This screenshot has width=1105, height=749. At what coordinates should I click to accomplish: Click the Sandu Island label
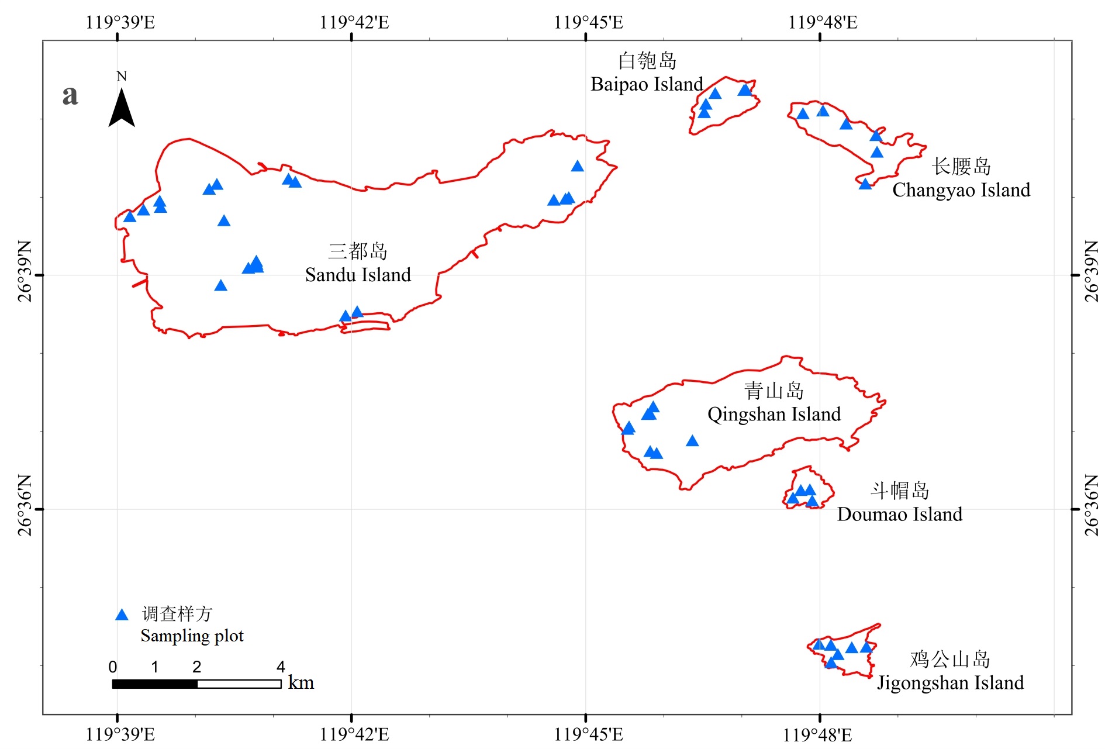358,275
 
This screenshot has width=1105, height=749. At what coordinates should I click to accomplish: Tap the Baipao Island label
647,84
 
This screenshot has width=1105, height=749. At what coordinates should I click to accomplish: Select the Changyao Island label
961,190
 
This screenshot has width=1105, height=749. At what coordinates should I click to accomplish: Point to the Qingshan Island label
774,415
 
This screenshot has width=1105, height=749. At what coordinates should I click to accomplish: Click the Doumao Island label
900,514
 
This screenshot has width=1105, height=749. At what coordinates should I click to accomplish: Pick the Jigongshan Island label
950,683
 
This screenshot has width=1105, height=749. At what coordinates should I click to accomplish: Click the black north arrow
122,108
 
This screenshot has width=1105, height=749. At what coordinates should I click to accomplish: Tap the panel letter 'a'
70,95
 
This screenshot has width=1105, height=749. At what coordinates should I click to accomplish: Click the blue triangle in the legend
122,615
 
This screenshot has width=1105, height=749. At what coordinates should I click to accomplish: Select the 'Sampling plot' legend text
192,636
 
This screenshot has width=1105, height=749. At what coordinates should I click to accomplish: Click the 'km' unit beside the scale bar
301,683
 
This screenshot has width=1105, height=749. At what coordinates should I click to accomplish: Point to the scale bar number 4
281,667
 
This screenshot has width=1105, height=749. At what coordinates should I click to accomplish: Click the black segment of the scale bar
155,684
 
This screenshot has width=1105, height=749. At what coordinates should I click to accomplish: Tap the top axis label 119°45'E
589,22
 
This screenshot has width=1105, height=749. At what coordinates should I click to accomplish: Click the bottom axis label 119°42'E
354,734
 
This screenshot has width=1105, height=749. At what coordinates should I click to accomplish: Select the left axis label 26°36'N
25,505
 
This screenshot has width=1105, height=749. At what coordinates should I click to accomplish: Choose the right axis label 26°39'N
1092,271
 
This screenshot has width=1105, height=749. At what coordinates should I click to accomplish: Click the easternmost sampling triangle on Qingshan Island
692,441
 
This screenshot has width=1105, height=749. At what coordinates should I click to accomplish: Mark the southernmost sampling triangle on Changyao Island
865,184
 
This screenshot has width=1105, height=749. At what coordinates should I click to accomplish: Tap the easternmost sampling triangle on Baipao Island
744,90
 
